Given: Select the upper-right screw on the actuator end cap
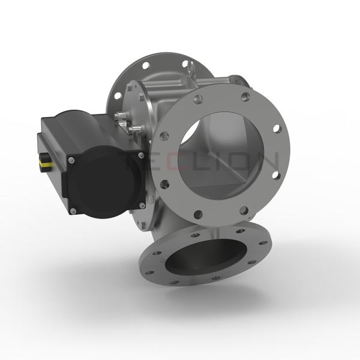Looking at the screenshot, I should tap(140, 155).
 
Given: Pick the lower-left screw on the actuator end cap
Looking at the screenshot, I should tap(73, 210).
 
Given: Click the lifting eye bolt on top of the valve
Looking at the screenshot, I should tap(191, 71).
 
